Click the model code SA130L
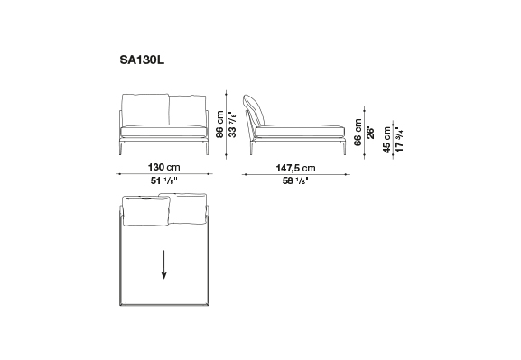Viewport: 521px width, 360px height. [x=142, y=60]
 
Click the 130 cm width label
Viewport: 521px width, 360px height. [x=163, y=167]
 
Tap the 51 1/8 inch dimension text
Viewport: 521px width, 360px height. [x=163, y=181]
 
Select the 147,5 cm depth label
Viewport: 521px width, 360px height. [x=295, y=168]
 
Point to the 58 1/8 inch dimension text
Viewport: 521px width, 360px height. [x=295, y=181]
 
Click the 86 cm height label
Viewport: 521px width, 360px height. [x=219, y=125]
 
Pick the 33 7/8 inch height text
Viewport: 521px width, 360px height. [x=233, y=125]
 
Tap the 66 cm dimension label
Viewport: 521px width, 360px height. [x=358, y=132]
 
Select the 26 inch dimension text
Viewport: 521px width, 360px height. [x=370, y=133]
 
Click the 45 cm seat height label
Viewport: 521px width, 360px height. [x=386, y=140]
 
